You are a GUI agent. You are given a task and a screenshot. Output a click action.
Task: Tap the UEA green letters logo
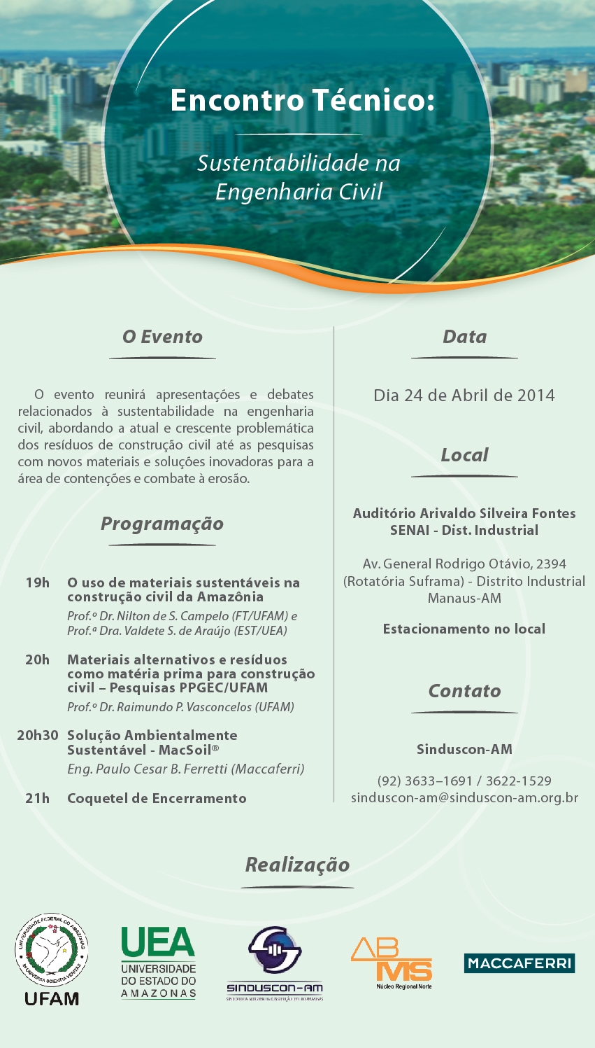click(x=158, y=942)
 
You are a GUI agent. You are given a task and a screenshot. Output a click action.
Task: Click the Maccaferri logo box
click(x=519, y=963)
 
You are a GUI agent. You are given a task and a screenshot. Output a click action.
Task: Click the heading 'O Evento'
click(x=162, y=337)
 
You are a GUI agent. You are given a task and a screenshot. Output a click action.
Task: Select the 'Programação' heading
click(x=162, y=524)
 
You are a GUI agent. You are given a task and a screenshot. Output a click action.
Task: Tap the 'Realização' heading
click(x=297, y=865)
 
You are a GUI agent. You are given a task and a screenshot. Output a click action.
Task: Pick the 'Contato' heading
click(x=464, y=691)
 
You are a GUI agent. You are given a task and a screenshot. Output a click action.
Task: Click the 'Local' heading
click(x=464, y=455)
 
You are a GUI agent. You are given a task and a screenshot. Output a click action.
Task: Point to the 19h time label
click(x=38, y=582)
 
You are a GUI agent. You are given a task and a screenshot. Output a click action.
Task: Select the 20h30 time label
click(x=38, y=735)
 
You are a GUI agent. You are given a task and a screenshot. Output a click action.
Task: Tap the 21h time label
click(x=38, y=798)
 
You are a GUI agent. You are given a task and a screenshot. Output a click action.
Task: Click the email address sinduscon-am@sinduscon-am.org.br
click(x=464, y=797)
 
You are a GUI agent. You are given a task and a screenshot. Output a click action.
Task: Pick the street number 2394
click(x=551, y=564)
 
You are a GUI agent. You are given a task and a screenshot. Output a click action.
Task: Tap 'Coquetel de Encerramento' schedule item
click(x=157, y=798)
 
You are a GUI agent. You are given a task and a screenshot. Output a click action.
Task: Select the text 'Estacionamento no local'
click(x=464, y=629)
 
